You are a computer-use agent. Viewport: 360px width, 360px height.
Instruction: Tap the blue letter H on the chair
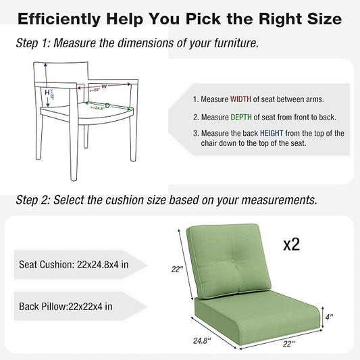(47, 92)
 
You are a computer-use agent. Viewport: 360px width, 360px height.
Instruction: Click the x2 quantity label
(291, 244)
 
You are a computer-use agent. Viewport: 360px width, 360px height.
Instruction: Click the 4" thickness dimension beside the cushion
(329, 314)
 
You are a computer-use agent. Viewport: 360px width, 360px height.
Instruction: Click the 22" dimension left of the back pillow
(177, 269)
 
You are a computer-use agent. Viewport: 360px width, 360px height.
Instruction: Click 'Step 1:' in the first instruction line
(32, 44)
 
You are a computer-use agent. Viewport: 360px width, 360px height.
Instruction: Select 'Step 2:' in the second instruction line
(32, 200)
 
